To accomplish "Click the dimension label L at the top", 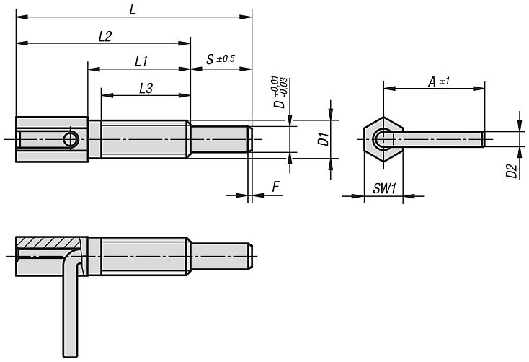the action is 133,9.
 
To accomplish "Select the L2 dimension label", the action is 105,36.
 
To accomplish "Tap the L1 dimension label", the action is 141,61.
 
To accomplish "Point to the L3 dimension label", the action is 146,88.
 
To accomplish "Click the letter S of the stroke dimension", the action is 210,59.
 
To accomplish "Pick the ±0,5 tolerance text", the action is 226,59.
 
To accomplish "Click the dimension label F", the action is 276,187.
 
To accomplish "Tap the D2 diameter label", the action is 512,171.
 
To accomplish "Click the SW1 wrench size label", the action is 385,188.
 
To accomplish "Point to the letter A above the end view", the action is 432,81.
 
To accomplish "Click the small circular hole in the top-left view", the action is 71,139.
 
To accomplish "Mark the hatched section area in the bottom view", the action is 49,242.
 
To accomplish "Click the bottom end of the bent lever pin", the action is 70,356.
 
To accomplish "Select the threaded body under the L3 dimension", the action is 144,139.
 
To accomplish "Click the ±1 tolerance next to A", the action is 444,81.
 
